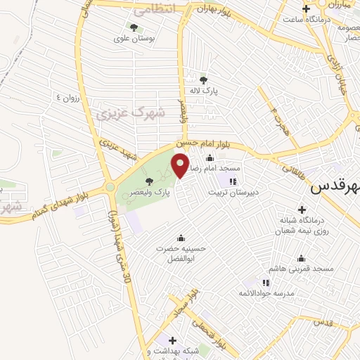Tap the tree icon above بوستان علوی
(x=134, y=28)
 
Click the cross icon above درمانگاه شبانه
(x=302, y=210)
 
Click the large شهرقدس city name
(x=335, y=188)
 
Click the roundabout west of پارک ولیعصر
(x=110, y=187)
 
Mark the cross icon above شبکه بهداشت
(x=172, y=341)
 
